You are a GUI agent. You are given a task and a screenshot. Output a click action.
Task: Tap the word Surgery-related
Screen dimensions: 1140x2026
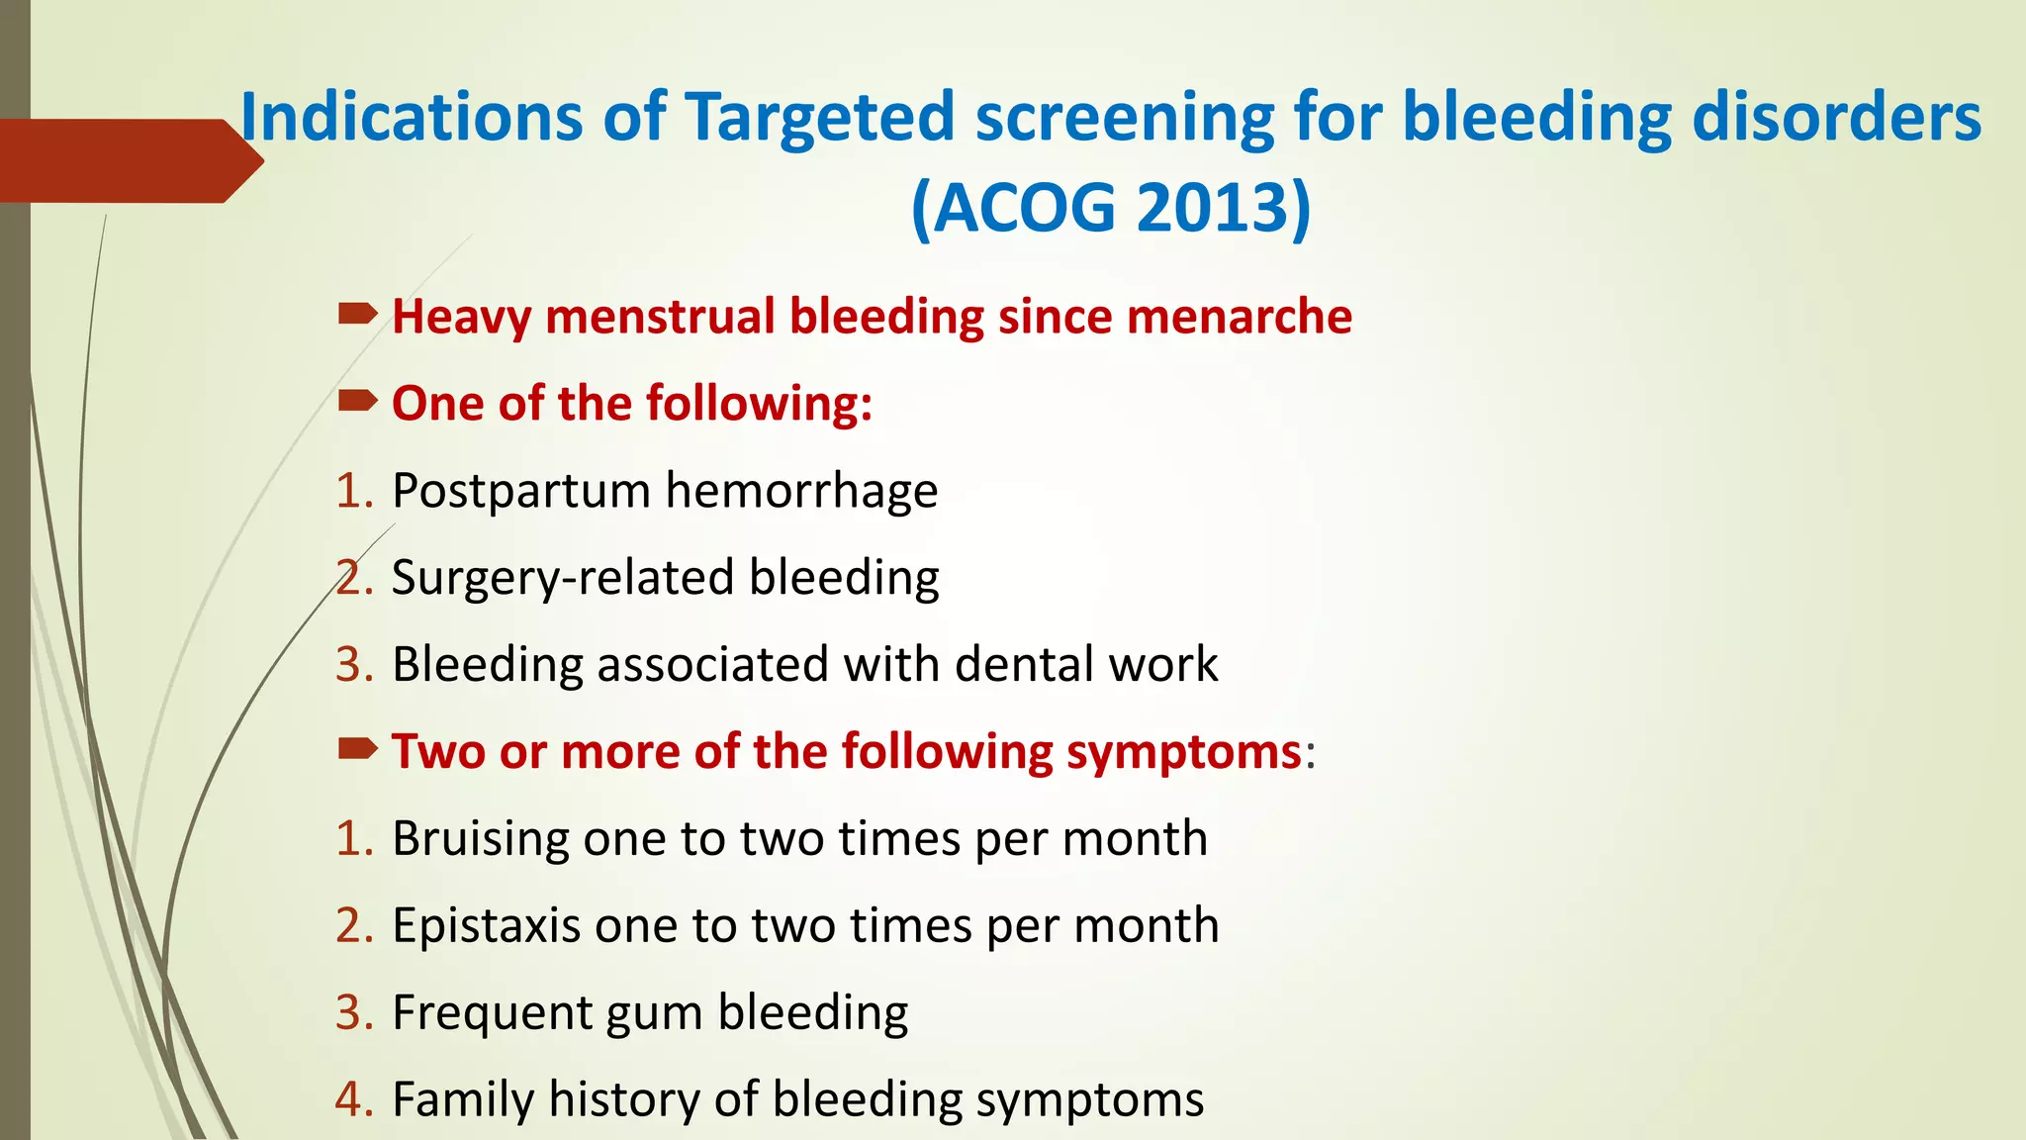pos(562,578)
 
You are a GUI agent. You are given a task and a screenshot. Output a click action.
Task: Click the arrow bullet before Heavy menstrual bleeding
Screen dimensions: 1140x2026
pos(356,315)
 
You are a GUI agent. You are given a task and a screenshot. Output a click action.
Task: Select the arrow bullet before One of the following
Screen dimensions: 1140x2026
pos(356,401)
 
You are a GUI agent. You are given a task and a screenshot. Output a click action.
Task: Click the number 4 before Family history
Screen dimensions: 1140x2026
pos(349,1099)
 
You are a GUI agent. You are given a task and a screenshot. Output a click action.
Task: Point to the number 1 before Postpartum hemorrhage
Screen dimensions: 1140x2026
pos(349,492)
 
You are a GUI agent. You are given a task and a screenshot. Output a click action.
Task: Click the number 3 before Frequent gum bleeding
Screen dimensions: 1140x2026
pos(349,1013)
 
